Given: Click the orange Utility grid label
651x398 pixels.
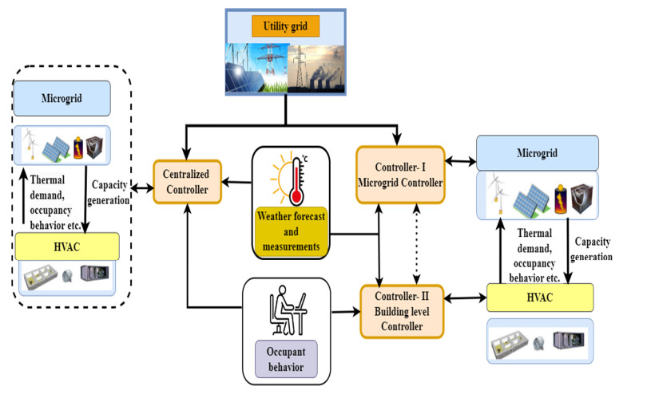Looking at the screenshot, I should (x=285, y=26).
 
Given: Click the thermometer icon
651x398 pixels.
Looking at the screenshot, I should (x=297, y=180).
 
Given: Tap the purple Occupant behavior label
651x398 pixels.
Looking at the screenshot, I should (x=286, y=357).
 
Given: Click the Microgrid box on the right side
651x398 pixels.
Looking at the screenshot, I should (x=537, y=152).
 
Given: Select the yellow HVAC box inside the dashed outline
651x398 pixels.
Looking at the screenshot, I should (x=67, y=246).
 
